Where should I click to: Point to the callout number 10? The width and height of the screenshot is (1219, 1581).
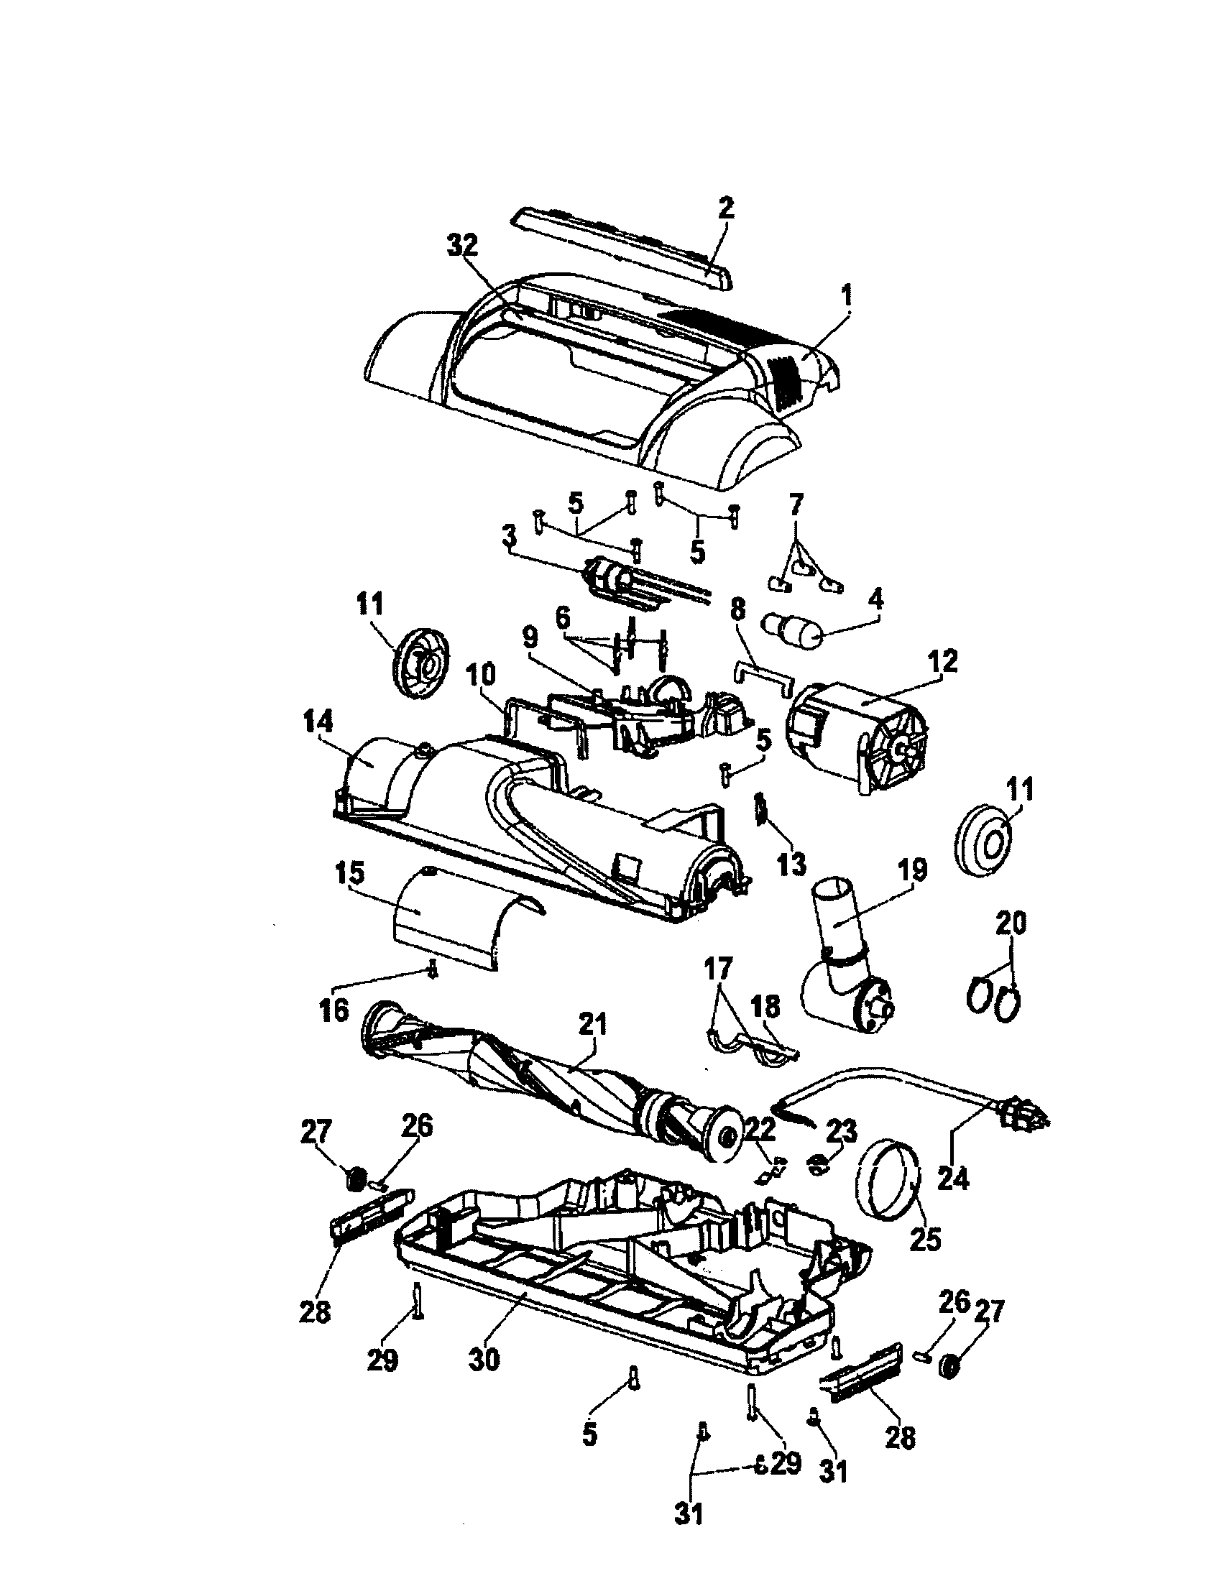coord(481,676)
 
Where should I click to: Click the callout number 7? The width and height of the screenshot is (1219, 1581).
coord(796,504)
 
